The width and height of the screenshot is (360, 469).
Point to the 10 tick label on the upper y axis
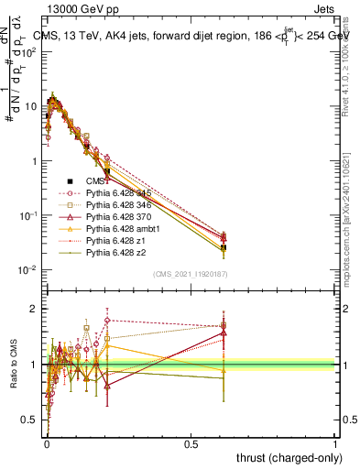(x=31, y=107)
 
